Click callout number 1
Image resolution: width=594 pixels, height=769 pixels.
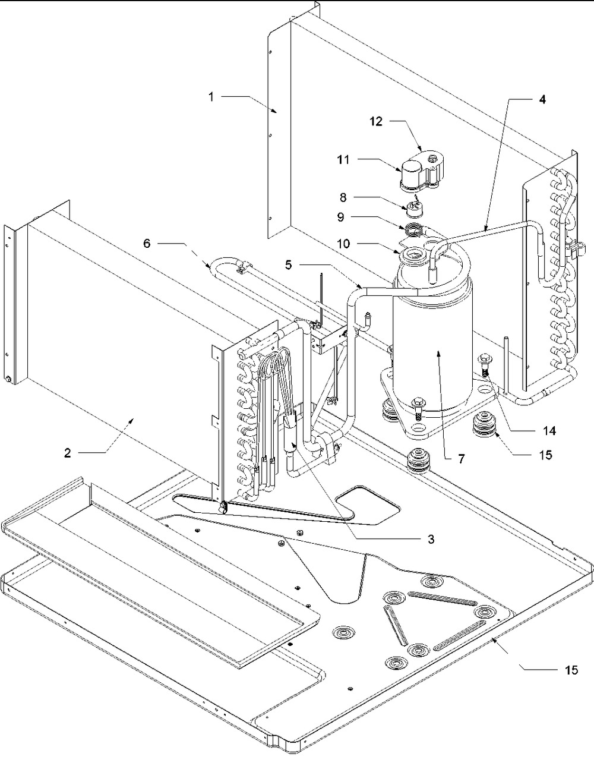[211, 97]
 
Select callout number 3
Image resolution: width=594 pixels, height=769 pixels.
[431, 540]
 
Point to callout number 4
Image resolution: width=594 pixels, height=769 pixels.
[541, 99]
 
